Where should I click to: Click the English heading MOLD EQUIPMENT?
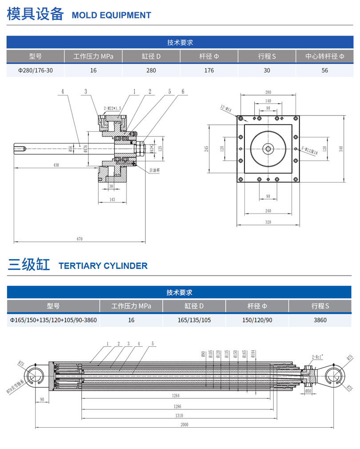(111, 15)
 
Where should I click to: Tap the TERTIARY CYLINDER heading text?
(103, 266)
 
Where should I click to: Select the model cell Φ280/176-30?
(35, 70)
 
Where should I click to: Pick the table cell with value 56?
(324, 70)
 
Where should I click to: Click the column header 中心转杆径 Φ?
(324, 56)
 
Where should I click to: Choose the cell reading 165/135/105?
(194, 320)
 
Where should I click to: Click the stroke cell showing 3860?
(320, 320)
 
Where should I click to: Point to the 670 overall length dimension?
(80, 239)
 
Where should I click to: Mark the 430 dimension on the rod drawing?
(56, 165)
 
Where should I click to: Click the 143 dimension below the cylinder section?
(112, 200)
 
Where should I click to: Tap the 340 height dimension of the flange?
(341, 149)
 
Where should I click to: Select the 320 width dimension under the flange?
(268, 222)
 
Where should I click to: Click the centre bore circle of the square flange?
(268, 149)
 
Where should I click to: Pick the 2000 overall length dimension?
(184, 425)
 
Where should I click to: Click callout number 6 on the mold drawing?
(182, 92)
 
